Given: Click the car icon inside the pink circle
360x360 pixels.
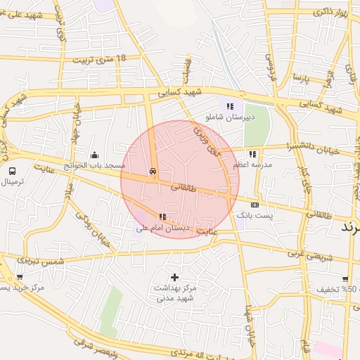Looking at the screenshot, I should coord(153,171).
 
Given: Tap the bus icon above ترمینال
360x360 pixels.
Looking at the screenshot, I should coord(12,171).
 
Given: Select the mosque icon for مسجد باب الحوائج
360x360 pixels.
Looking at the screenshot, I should coord(95,155).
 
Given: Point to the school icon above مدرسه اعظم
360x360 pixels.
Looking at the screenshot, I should coord(252,154).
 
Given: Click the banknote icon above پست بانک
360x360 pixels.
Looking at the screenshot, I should coord(255,205).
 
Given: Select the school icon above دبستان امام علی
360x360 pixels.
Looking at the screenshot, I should coord(162,217).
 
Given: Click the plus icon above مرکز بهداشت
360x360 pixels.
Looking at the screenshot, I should coord(174,277).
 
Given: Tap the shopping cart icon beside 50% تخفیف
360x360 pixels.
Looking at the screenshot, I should coord(345,278).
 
